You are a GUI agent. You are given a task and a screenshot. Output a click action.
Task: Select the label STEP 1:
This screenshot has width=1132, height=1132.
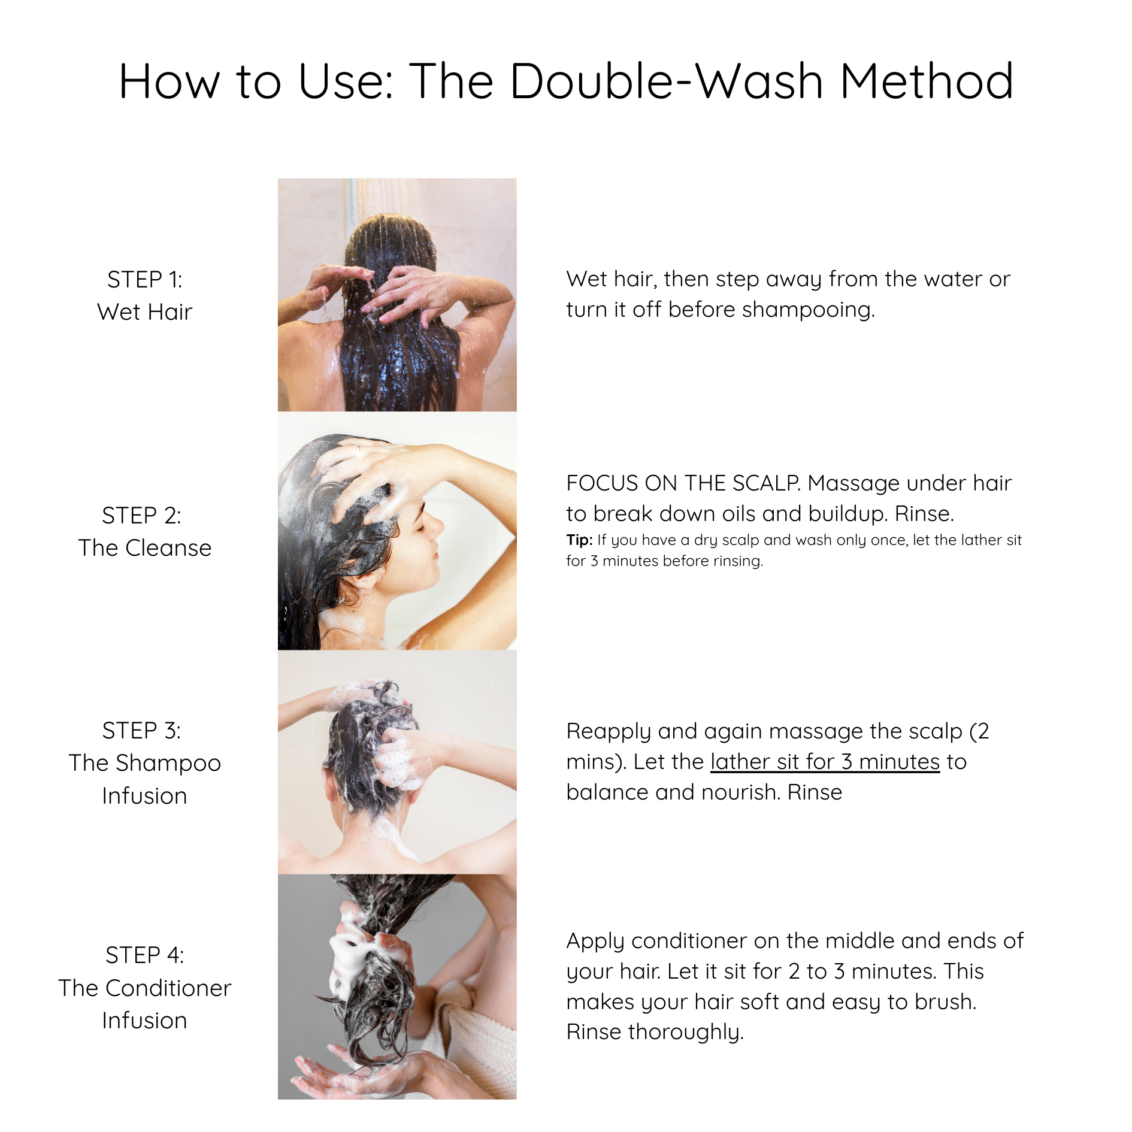coord(144,280)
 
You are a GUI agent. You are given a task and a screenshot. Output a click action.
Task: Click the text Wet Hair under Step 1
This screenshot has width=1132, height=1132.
coord(144,312)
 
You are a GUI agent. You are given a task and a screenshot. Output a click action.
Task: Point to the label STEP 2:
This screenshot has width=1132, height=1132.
coord(141,516)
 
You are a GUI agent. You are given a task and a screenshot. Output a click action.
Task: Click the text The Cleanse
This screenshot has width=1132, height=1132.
coord(144,548)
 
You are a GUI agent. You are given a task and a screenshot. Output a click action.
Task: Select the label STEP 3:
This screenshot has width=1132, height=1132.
coord(141,731)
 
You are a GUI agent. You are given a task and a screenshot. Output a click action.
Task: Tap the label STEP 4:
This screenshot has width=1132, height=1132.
coord(144,955)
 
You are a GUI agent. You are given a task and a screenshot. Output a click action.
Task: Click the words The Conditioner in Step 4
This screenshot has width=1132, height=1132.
coord(144,988)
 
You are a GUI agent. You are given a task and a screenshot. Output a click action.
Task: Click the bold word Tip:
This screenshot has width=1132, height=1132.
coord(579,540)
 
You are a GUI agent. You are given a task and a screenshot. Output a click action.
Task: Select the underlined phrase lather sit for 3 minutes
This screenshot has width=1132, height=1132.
coord(825,762)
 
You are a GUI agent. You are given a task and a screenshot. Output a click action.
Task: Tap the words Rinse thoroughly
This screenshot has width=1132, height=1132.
coord(655,1032)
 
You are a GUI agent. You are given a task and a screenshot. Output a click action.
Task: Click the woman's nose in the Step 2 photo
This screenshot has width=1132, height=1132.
coord(439,526)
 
